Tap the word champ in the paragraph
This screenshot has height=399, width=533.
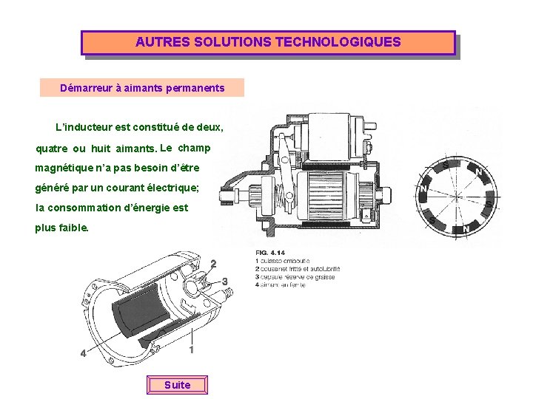tap(195, 147)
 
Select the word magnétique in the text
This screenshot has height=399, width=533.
tap(64, 168)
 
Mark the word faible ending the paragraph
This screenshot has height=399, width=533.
tap(74, 228)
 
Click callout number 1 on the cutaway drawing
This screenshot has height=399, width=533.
tap(192, 349)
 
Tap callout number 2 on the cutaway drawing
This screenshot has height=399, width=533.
tap(214, 264)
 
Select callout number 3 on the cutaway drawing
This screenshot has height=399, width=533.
tap(225, 281)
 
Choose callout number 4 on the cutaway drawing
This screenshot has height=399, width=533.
tap(83, 353)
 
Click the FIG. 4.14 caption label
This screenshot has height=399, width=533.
tap(271, 253)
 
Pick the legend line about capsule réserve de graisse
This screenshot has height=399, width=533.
tap(295, 276)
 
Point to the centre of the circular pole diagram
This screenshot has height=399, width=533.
tap(457, 197)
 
